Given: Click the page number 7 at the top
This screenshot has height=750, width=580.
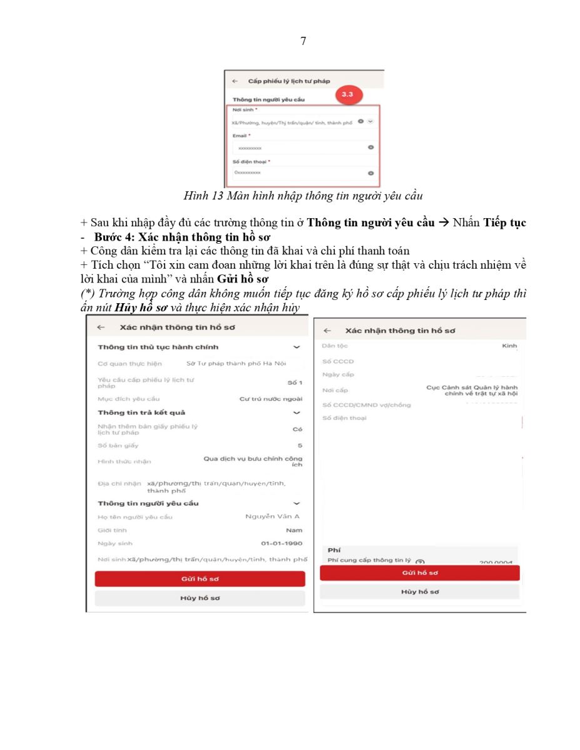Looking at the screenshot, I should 303,41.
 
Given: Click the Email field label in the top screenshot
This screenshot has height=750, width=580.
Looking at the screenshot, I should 240,135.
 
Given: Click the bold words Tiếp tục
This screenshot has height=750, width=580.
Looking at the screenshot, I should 505,223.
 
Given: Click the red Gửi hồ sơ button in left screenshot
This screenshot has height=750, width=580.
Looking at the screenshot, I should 200,579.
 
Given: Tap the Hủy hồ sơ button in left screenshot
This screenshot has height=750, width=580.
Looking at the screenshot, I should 200,598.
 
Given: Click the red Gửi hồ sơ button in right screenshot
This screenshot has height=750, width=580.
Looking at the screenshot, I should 419,572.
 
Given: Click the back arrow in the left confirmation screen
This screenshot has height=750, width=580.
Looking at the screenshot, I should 101,327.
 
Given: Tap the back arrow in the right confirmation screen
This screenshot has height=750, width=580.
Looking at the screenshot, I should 327,330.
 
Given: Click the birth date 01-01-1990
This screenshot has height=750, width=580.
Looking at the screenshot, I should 282,543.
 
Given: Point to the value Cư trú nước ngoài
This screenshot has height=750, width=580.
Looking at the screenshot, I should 271,399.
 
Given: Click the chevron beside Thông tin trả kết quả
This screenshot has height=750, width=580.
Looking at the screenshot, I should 297,412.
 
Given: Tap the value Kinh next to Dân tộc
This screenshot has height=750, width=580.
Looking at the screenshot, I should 509,346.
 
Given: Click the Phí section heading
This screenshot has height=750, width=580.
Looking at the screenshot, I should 334,550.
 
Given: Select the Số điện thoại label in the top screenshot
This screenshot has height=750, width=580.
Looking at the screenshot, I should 247,161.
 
